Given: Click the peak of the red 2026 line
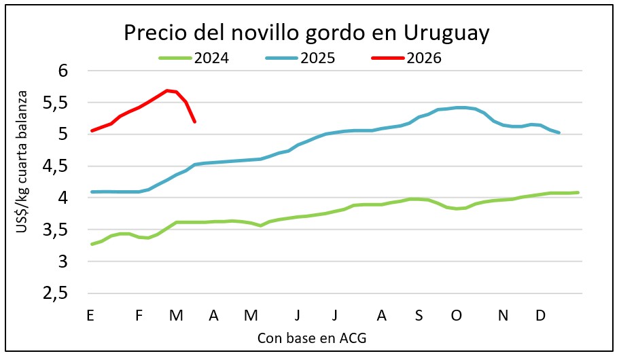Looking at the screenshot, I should tap(167, 90).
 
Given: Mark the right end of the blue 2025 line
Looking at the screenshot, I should tap(559, 132).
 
